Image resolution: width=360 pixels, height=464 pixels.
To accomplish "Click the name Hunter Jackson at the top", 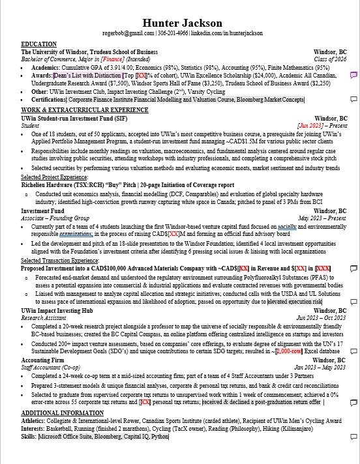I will [182, 23].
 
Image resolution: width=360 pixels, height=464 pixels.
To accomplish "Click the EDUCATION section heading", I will [38, 44].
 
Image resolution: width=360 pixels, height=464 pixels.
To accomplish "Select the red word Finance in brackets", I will [128, 59].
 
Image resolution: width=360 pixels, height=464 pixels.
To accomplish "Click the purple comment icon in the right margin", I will [353, 75].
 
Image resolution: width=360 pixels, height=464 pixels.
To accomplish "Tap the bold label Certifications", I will [48, 100].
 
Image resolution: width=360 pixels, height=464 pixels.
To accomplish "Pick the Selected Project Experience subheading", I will [54, 177].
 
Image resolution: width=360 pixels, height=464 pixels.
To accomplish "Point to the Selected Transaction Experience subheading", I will [59, 260].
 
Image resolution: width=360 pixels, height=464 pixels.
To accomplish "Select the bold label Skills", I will [29, 437].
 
